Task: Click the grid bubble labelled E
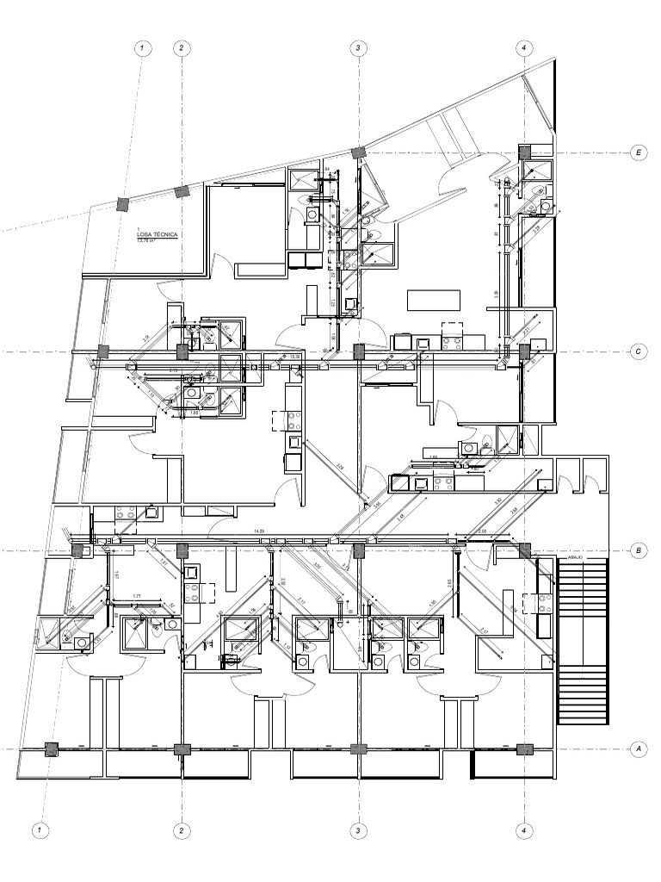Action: tap(639, 153)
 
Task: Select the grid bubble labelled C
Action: tap(639, 352)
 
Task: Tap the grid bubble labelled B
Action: tap(639, 550)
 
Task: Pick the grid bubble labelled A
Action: tap(639, 749)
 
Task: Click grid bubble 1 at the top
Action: tap(142, 47)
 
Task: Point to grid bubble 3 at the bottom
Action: tap(357, 831)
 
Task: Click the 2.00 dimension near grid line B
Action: tap(482, 531)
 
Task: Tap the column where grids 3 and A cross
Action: tap(357, 749)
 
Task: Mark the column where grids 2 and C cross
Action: tap(182, 351)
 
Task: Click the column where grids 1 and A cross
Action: tap(51, 749)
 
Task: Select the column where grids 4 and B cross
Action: tap(524, 550)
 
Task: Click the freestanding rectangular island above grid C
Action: tap(434, 301)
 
